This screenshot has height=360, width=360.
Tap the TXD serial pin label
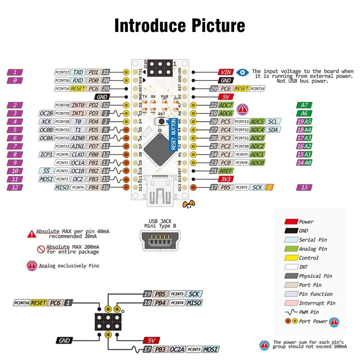(78, 72)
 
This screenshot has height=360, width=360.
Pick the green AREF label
(226, 171)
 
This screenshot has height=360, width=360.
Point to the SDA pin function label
(272, 130)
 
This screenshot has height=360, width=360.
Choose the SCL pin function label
(272, 121)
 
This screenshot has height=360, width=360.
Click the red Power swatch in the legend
(291, 222)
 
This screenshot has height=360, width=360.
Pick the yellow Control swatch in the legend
(291, 258)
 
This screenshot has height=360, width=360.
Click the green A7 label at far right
(304, 105)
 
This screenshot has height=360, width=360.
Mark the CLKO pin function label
(78, 154)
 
